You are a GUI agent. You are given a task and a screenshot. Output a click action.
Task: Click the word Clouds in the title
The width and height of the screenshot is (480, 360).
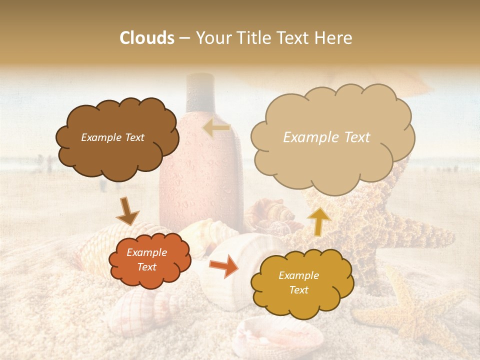147,38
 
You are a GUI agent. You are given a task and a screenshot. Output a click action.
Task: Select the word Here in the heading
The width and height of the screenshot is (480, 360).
333,38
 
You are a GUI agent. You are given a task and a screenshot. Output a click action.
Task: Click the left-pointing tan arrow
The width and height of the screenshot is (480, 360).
216,128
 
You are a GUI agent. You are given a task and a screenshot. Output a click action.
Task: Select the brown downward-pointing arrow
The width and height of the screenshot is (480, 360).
127,211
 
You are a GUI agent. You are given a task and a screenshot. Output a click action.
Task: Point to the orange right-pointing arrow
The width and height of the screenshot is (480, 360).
223,266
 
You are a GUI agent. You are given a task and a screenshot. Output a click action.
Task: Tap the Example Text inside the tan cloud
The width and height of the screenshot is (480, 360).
326,137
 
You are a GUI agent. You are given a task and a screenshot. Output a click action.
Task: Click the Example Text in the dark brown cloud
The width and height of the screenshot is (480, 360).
112,137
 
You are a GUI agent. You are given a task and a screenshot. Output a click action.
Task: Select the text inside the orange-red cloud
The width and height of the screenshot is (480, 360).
147,260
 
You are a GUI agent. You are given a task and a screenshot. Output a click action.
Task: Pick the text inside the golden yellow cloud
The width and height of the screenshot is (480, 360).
298,282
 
